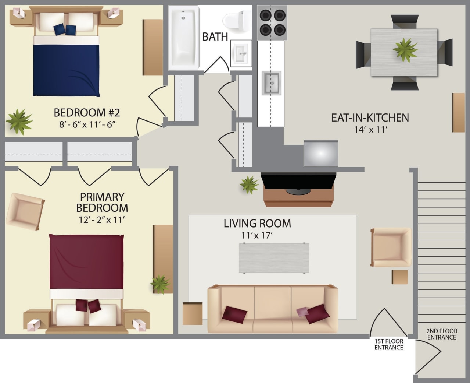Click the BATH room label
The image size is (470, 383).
click(x=215, y=36)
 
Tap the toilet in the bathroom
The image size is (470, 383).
click(x=234, y=21)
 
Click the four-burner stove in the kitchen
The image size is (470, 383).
click(x=272, y=22)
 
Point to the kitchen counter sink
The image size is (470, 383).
click(x=271, y=83)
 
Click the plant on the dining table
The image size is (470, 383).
click(x=405, y=50)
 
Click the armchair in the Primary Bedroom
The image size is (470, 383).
click(x=25, y=211)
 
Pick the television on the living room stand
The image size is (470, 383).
click(x=298, y=182)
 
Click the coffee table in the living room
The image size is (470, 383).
click(x=274, y=258)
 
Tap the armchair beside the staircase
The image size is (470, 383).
click(x=391, y=247)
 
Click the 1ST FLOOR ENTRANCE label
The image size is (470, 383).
click(x=388, y=344)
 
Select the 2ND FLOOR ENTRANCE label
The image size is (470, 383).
click(x=442, y=334)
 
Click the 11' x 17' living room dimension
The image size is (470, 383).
click(x=257, y=235)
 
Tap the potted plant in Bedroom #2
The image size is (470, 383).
click(x=19, y=121)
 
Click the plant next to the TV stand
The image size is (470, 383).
click(x=249, y=185)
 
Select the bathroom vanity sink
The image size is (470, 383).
click(x=241, y=54)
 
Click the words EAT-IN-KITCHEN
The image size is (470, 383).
click(x=370, y=117)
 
